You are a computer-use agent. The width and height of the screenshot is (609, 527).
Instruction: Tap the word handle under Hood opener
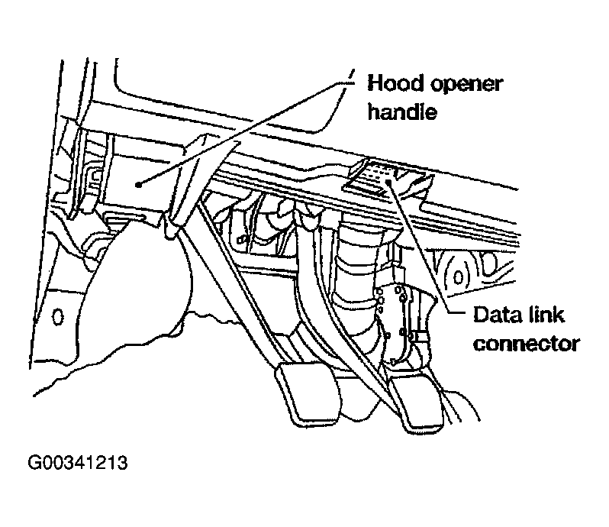pos(401,114)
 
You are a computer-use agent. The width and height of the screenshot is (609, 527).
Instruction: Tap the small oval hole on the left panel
pos(56,315)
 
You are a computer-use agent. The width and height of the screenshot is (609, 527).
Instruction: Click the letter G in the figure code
pos(34,464)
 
